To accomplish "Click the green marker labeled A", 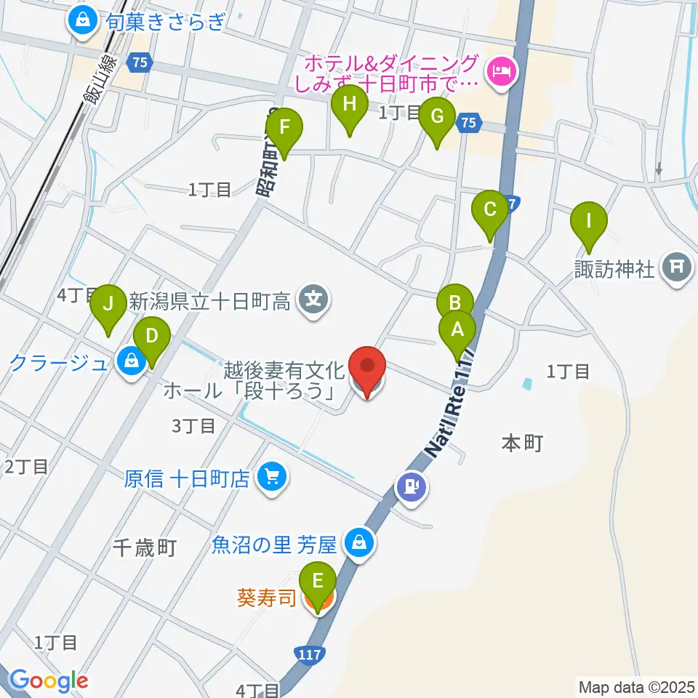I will [x=457, y=330].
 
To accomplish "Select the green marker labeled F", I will [x=284, y=128].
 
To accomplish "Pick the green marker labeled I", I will [x=588, y=220].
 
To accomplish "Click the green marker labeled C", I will [x=489, y=210].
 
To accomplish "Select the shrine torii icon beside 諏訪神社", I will [x=676, y=268].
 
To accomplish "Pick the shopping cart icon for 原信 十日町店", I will [x=273, y=478].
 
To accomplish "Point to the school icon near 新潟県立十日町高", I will [x=314, y=300].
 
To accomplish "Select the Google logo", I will [x=49, y=681].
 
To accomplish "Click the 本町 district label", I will [x=522, y=443].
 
